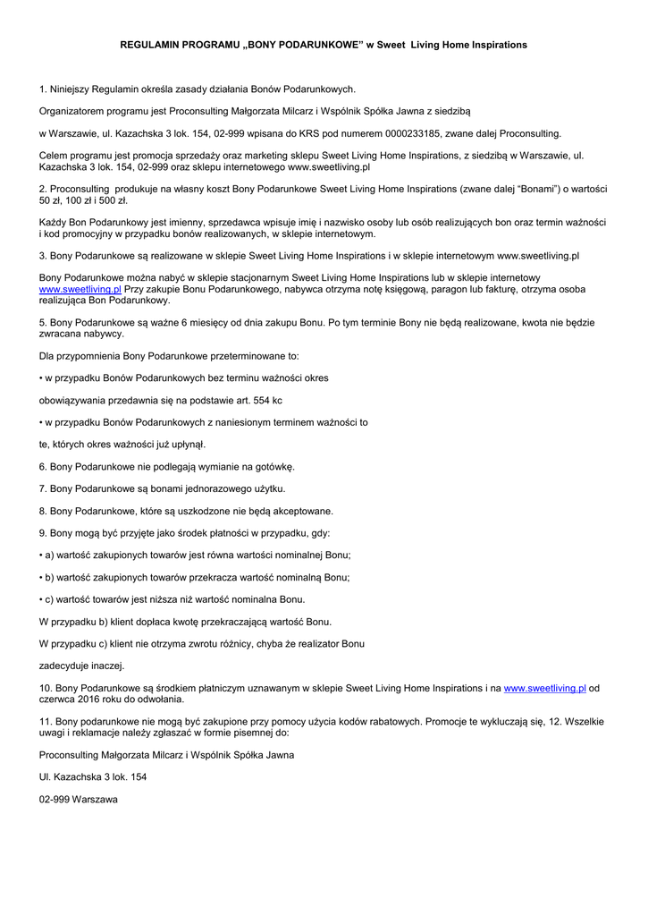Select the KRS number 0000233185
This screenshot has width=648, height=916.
click(x=400, y=133)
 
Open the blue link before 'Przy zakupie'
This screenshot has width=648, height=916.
click(x=80, y=290)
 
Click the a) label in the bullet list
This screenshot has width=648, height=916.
click(x=50, y=555)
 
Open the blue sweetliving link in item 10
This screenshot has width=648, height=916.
click(x=544, y=687)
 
